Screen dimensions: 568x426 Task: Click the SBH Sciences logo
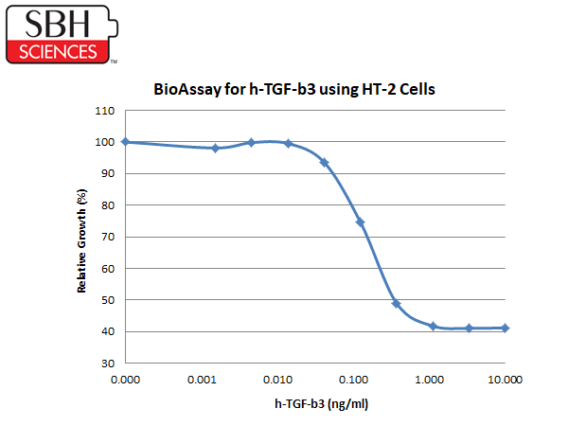point(62,34)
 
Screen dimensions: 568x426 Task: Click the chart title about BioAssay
point(294,90)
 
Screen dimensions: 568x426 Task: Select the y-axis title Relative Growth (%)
point(81,240)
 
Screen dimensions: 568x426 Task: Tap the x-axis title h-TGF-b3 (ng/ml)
point(321,404)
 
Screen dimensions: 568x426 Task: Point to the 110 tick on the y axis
point(105,111)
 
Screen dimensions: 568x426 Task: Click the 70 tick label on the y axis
point(108,237)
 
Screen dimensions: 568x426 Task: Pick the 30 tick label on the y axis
point(108,364)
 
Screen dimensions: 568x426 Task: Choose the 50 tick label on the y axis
point(108,300)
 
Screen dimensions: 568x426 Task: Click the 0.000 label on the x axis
point(125,380)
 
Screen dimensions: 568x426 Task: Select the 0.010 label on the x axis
point(277,380)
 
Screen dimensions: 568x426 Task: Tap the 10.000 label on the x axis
point(505,380)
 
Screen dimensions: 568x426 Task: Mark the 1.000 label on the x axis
point(429,380)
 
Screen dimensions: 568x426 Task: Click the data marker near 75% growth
point(360,222)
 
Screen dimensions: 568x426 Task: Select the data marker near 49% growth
point(397,304)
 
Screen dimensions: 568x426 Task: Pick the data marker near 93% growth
point(324,162)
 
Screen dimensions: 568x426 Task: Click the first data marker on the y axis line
point(125,142)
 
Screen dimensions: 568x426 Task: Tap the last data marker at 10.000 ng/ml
point(505,328)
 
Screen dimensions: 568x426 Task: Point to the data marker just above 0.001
point(216,148)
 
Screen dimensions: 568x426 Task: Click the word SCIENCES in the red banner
point(58,52)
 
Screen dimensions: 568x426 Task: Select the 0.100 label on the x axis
point(353,380)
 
